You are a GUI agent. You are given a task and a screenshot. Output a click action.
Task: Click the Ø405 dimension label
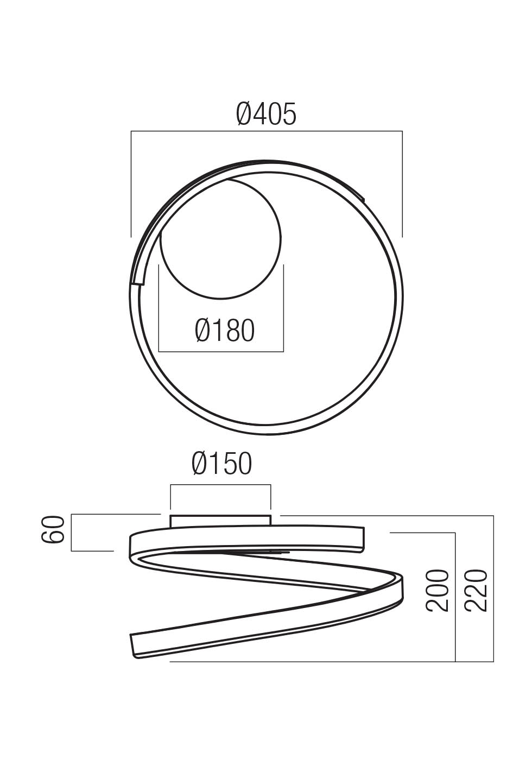[x=267, y=115]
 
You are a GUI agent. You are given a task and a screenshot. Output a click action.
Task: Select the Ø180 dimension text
[x=225, y=331]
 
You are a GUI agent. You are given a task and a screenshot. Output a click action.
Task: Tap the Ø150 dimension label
[x=222, y=464]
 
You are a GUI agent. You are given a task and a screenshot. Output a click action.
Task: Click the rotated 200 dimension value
[x=438, y=591]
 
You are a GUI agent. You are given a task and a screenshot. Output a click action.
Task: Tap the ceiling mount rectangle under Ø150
[x=220, y=521]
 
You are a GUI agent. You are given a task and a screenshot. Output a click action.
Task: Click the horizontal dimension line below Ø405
[x=267, y=131]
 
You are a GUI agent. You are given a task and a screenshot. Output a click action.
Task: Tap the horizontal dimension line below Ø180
[x=221, y=351]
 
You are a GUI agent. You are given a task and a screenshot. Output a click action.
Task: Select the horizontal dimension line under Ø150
[x=220, y=485]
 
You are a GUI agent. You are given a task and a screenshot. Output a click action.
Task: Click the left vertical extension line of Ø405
[x=131, y=185]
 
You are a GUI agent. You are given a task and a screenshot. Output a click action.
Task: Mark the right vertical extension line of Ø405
[x=402, y=185]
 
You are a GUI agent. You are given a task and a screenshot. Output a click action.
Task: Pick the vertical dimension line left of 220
[x=455, y=597]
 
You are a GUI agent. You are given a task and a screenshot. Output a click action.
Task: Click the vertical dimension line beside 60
[x=72, y=532]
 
